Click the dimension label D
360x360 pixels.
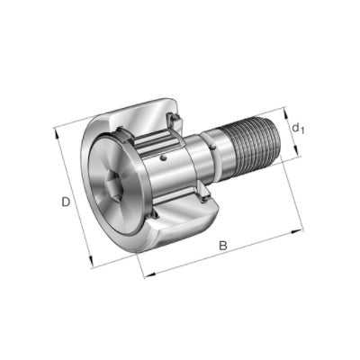click(66, 202)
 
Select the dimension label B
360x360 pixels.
click(223, 246)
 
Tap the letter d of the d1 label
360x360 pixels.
click(295, 128)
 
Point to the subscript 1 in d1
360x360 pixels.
click(301, 130)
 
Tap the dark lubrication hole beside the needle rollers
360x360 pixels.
click(163, 157)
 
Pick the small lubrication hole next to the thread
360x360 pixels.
click(213, 147)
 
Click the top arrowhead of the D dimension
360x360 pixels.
click(57, 134)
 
